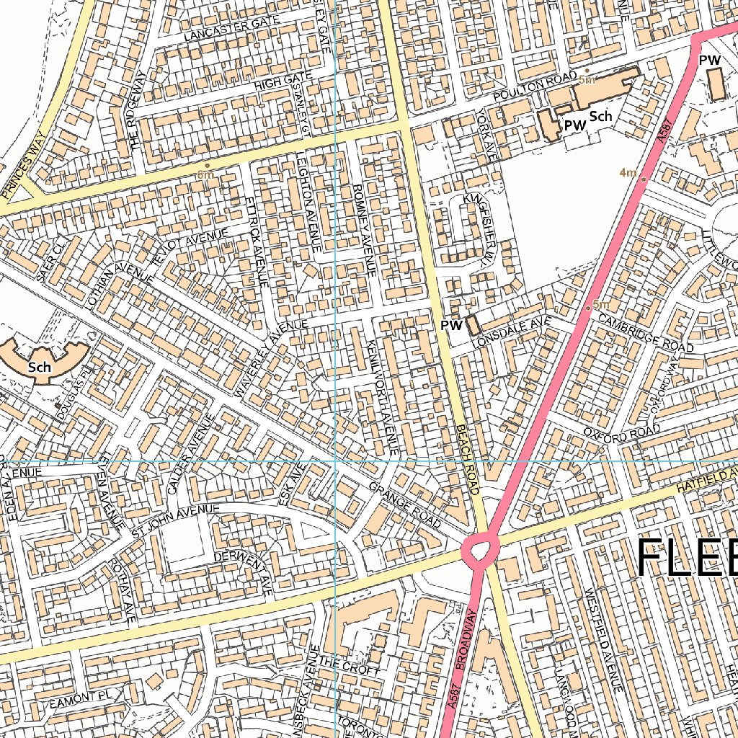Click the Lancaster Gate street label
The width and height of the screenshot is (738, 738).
pos(223,30)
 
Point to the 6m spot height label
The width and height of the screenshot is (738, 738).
pos(205,174)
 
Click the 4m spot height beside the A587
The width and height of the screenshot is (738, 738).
pos(628,172)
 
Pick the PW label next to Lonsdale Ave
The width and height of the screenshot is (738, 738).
pos(451,326)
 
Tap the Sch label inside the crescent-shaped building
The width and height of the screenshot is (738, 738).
pos(40,367)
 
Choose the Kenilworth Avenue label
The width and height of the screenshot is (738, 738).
pos(382,396)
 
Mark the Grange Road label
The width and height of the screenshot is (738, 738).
pos(404,504)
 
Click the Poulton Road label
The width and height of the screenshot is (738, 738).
pos(535,90)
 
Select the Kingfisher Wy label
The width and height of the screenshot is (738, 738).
pos(480,228)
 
